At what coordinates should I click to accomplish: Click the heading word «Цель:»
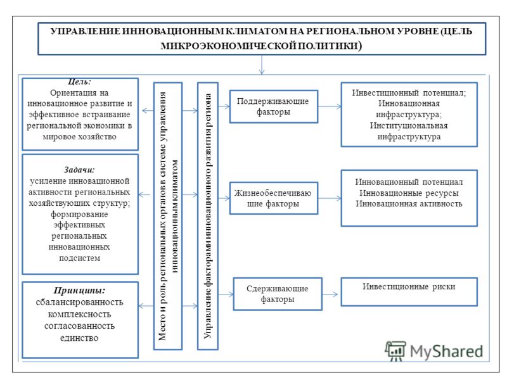[x=80, y=82]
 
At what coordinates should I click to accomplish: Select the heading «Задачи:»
[x=79, y=170]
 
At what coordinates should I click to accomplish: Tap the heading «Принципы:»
[x=80, y=290]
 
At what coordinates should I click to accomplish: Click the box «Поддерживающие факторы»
[x=274, y=106]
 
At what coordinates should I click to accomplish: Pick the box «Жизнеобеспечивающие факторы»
[x=274, y=198]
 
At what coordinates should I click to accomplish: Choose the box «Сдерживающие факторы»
[x=278, y=294]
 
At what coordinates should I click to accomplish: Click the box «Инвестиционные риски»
[x=409, y=291]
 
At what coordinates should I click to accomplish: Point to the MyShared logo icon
[x=395, y=351]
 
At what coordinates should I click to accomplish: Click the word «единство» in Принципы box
[x=79, y=338]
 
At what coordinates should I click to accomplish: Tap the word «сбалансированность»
[x=80, y=302]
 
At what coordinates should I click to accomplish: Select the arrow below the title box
[x=262, y=65]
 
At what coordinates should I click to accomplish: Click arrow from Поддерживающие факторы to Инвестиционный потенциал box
[x=330, y=106]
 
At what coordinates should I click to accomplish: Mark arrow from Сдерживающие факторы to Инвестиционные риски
[x=330, y=294]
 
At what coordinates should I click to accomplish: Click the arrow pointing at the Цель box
[x=148, y=111]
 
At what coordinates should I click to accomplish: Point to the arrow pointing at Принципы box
[x=146, y=306]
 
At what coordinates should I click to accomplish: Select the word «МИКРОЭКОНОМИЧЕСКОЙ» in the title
[x=228, y=46]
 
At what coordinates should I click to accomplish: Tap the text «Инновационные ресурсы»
[x=409, y=193]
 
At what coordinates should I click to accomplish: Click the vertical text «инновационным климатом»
[x=175, y=217]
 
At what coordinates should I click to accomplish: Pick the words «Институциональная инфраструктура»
[x=409, y=131]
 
